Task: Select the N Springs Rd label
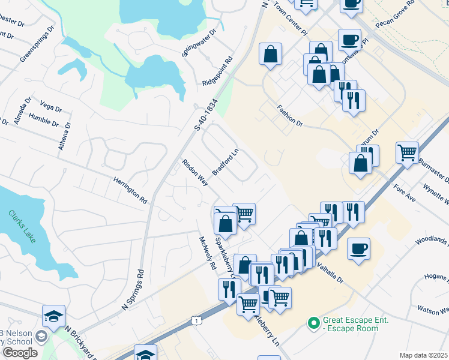coord(133,289)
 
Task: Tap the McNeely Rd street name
coord(208,253)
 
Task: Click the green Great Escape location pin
coord(312,323)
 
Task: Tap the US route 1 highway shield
coord(196,321)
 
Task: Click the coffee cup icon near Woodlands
coord(358,248)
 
